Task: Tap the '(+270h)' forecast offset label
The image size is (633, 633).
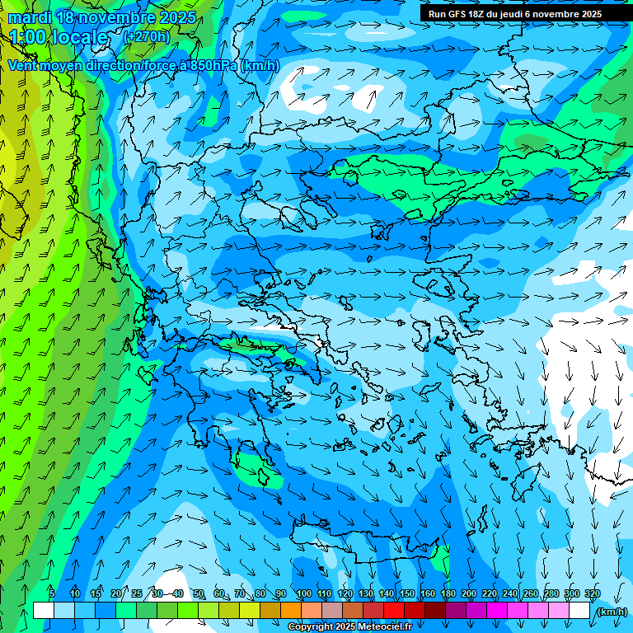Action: click(x=147, y=36)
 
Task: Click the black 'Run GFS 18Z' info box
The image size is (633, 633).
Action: click(x=515, y=14)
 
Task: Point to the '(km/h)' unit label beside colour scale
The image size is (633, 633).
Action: click(x=611, y=612)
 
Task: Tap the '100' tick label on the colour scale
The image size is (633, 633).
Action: click(x=303, y=594)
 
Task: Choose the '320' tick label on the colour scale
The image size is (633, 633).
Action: click(x=592, y=594)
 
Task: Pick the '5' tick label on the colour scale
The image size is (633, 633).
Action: click(x=51, y=594)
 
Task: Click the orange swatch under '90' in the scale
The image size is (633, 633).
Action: click(x=291, y=611)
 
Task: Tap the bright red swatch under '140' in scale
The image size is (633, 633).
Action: click(x=394, y=611)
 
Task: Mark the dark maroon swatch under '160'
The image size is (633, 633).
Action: click(x=435, y=611)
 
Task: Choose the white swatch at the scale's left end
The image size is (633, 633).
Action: click(x=44, y=611)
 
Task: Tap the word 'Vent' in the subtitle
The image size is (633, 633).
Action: click(x=23, y=66)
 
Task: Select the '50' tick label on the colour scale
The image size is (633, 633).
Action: click(x=199, y=594)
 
